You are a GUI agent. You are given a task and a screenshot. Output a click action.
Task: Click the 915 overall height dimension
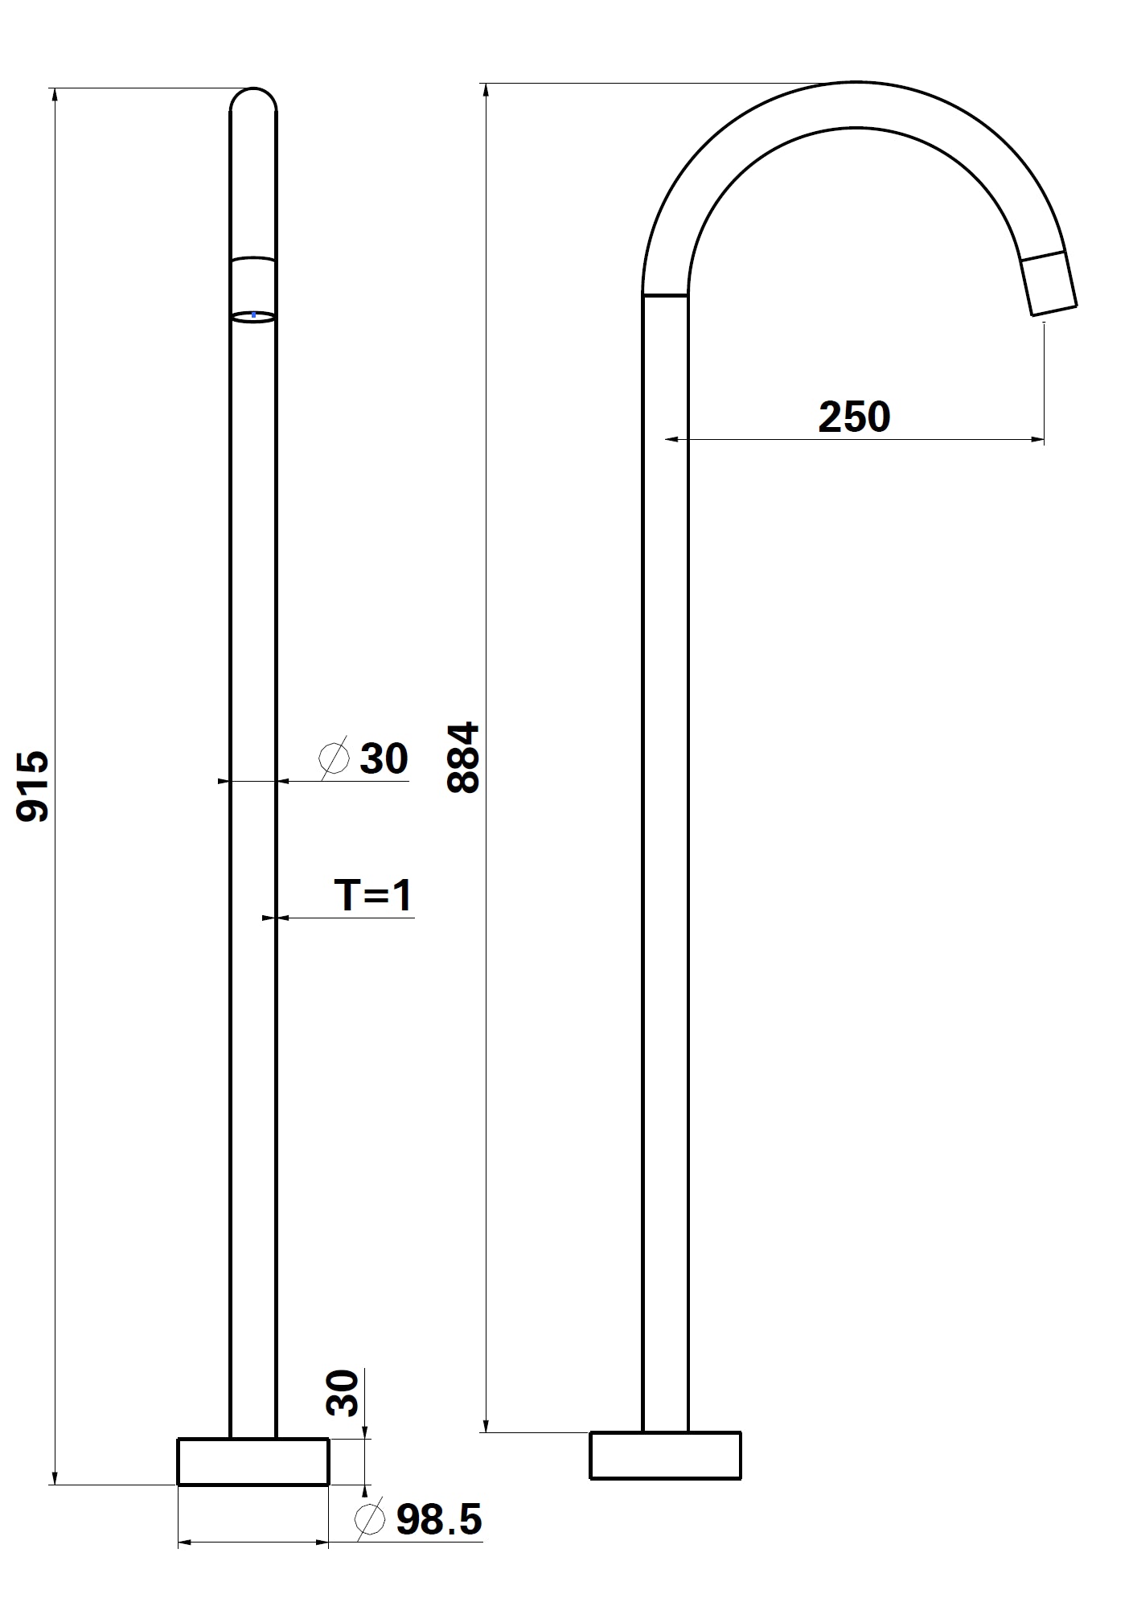33,787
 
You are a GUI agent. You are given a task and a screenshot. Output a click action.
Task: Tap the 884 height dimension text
463,758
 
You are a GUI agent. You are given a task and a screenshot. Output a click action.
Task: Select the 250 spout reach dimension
854,417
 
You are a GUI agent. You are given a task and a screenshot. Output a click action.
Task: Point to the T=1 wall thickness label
374,895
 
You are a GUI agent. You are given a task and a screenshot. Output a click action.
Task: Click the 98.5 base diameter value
439,1520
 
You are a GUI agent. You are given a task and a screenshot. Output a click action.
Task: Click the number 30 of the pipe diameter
384,758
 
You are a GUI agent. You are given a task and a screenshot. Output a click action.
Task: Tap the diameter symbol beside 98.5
370,1519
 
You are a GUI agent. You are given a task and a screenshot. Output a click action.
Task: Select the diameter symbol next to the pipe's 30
335,758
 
